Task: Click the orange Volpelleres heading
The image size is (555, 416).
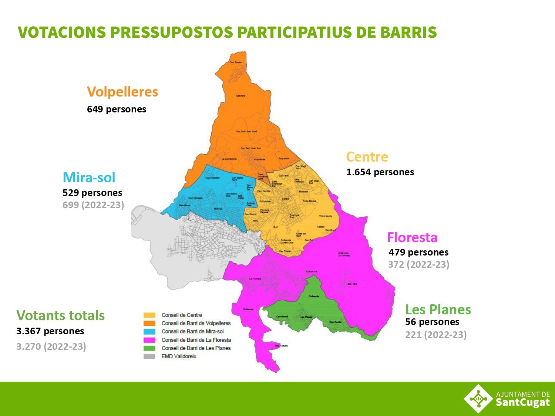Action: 122,92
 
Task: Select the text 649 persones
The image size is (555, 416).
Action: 117,109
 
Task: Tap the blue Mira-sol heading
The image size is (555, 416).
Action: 89,177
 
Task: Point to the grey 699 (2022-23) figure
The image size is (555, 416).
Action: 93,205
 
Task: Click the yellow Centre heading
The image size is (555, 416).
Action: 367,157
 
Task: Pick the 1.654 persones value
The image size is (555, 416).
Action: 380,172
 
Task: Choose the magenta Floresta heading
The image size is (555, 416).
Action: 412,237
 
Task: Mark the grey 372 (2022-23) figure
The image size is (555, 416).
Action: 418,265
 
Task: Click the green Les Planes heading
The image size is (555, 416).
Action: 438,310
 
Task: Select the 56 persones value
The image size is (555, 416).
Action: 432,322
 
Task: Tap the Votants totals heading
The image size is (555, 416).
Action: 61,315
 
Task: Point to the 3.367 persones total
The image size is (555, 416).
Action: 50,331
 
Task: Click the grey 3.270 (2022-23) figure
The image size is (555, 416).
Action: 51,347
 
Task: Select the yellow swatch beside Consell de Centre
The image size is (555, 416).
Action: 149,315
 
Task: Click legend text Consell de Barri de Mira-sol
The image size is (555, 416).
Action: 192,332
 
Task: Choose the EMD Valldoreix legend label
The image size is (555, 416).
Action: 179,356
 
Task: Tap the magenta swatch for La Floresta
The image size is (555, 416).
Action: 149,340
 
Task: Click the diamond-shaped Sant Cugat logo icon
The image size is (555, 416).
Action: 478,399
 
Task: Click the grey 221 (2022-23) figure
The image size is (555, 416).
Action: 436,335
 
